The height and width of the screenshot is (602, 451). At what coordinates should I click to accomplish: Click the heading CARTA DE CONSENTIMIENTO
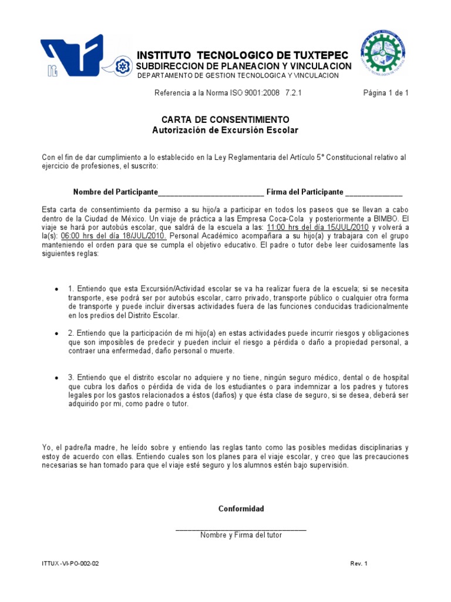tap(225, 119)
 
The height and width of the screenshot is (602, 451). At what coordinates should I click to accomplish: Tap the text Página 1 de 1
tap(386, 93)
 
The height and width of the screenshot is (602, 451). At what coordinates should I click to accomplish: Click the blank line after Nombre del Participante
tap(211, 193)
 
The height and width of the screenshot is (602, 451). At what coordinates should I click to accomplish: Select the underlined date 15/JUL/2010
tap(344, 227)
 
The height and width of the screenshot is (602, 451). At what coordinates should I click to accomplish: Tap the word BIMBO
tap(382, 218)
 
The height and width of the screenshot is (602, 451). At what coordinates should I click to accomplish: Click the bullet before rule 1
tap(56, 289)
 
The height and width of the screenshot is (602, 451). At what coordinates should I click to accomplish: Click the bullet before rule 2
tap(56, 333)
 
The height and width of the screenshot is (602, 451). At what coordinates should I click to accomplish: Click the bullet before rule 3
tap(56, 377)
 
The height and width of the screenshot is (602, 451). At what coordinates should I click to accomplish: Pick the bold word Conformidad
tap(241, 509)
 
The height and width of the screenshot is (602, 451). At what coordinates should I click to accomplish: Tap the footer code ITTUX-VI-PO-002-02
tap(70, 564)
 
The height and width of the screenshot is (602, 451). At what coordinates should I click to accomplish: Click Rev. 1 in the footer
tap(359, 564)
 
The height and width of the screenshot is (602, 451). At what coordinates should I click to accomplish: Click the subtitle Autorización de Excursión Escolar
tap(225, 130)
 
